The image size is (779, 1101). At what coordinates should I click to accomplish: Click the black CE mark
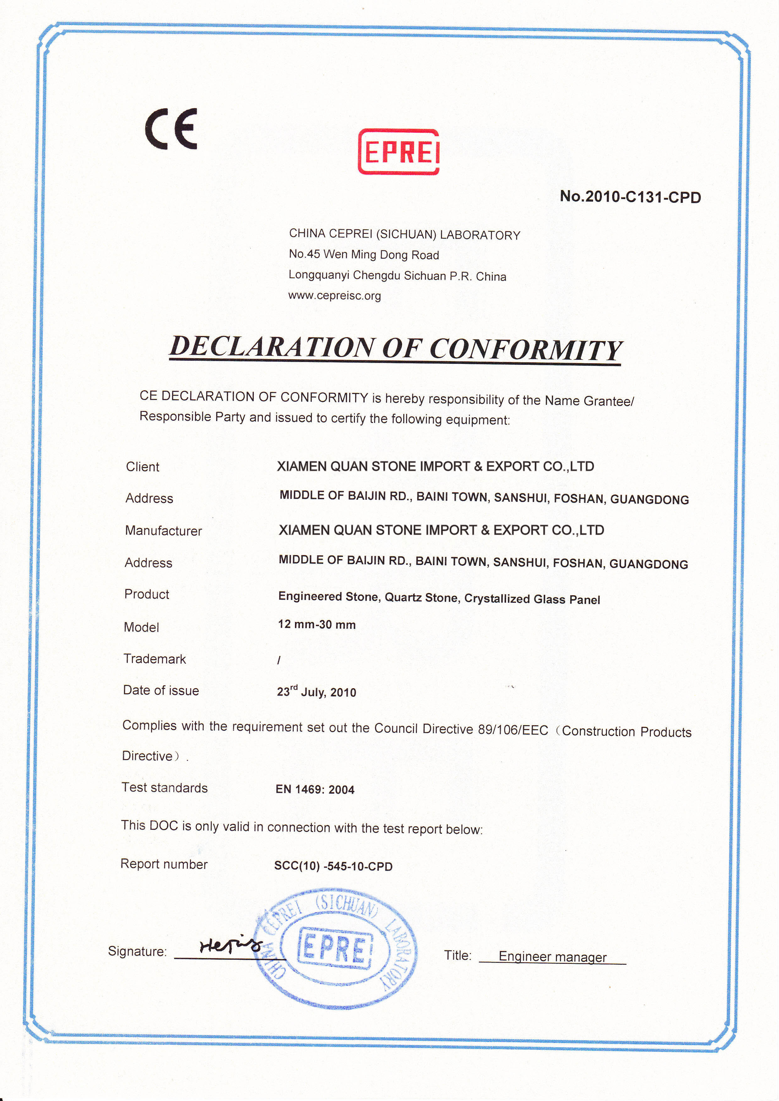[171, 128]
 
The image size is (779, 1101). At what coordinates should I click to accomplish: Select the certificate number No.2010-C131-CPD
[630, 197]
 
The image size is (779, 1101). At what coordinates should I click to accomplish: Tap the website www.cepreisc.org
[334, 295]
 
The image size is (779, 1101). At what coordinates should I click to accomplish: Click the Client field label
[143, 467]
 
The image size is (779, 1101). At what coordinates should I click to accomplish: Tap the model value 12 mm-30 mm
[317, 624]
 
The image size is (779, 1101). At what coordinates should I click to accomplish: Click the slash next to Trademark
[279, 660]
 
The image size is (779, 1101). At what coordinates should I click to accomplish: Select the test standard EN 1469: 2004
[315, 789]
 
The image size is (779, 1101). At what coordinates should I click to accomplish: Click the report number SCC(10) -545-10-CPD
[333, 866]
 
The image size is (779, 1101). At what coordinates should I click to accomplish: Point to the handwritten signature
[229, 945]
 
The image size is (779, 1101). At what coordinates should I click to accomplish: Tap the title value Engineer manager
[552, 957]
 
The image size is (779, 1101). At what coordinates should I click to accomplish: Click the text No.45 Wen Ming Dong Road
[364, 254]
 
